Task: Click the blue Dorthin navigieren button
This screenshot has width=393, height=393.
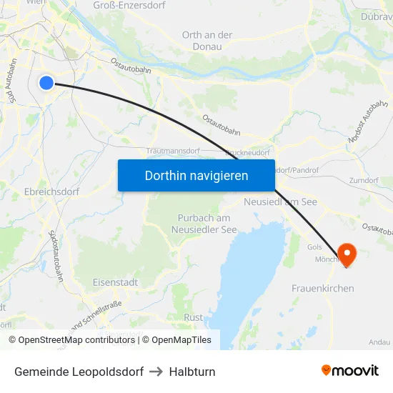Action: coord(196,175)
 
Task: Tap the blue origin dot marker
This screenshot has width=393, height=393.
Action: coord(46,83)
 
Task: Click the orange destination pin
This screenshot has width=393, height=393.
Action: coord(347,254)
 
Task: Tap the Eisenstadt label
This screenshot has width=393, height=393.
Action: coord(115,282)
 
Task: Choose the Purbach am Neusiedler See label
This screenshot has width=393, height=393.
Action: coord(204,224)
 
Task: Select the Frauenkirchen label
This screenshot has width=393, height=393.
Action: coord(322,288)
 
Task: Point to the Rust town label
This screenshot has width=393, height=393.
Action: coord(193,317)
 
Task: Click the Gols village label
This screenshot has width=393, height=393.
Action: coord(314,247)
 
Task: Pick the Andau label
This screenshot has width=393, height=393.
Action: coord(379,342)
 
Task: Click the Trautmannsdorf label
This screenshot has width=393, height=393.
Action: coord(173,151)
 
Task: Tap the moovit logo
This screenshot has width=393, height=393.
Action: coord(350,370)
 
